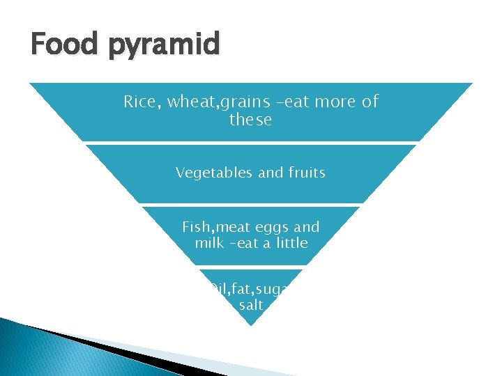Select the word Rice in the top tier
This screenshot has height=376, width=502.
point(139,102)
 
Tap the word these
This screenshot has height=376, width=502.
point(250,120)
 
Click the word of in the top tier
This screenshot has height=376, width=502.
point(370,102)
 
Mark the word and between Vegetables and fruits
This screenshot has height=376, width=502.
point(271,172)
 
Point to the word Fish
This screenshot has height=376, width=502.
point(199,227)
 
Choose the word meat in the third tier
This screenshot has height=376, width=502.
point(238,227)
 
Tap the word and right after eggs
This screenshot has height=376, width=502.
point(307,227)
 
